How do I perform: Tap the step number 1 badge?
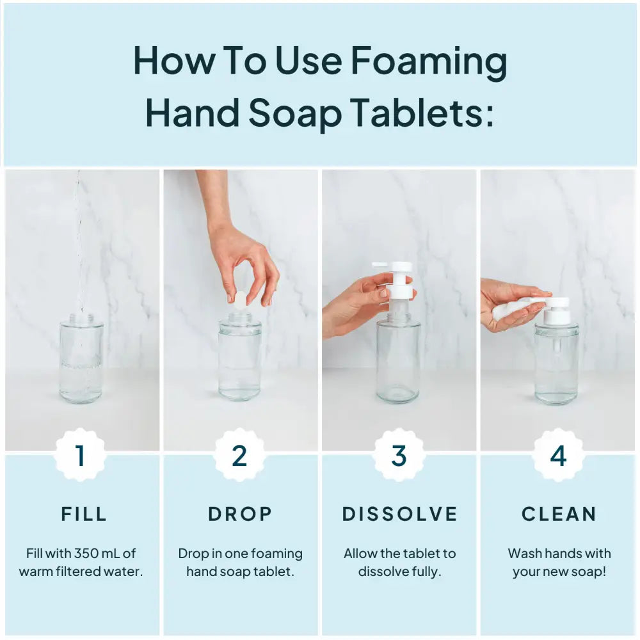point(80,456)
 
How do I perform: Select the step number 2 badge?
point(239,456)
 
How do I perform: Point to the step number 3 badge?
point(399,456)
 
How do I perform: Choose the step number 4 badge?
point(558,456)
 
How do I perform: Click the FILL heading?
point(84,514)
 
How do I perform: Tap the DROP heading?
point(240,514)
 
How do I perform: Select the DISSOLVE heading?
point(400,514)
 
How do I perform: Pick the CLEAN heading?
point(559,514)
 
